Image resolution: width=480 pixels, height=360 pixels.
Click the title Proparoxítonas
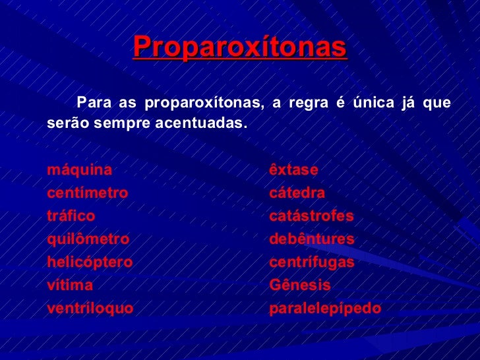pyautogui.click(x=240, y=47)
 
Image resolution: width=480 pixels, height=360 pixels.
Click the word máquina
pyautogui.click(x=80, y=170)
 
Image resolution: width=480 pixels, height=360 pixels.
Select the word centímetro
pyautogui.click(x=88, y=194)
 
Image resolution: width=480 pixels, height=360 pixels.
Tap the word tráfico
pyautogui.click(x=71, y=216)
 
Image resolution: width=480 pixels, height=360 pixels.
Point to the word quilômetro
pyautogui.click(x=88, y=239)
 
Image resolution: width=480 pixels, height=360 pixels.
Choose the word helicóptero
pyautogui.click(x=90, y=262)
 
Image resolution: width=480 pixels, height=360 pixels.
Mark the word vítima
pyautogui.click(x=71, y=285)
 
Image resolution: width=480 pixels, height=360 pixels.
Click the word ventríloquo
pyautogui.click(x=90, y=309)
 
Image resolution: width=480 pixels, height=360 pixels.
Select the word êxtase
pyautogui.click(x=294, y=170)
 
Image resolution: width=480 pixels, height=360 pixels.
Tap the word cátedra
pyautogui.click(x=297, y=194)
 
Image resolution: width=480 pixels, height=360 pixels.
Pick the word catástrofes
pyautogui.click(x=312, y=216)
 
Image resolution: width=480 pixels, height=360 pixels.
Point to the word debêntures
pyautogui.click(x=312, y=239)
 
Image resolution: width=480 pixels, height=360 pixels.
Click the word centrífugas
pyautogui.click(x=312, y=262)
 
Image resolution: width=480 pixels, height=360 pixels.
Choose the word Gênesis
pyautogui.click(x=300, y=285)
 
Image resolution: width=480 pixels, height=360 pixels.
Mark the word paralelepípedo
pyautogui.click(x=326, y=309)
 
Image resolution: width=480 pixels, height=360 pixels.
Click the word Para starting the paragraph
pyautogui.click(x=92, y=103)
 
